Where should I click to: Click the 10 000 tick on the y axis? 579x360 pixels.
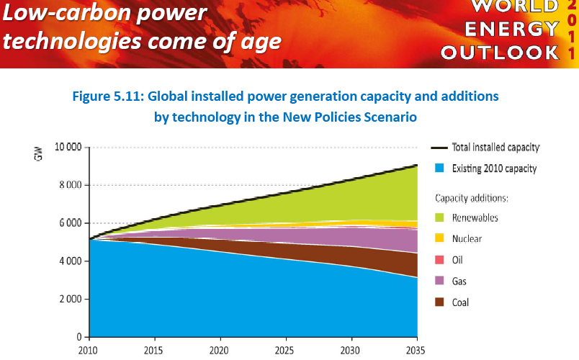coord(67,148)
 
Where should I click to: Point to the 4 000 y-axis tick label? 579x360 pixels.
coord(68,261)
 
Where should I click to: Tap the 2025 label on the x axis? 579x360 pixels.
coord(285,351)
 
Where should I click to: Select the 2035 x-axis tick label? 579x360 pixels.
coord(416,351)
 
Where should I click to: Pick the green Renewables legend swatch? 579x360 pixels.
coord(439,217)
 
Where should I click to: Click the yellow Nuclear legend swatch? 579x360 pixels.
coord(439,238)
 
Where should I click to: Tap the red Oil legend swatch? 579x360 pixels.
coord(439,260)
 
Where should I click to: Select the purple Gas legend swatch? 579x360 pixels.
coord(439,281)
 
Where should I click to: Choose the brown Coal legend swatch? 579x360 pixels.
coord(439,302)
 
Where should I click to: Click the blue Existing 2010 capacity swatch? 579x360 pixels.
coord(439,168)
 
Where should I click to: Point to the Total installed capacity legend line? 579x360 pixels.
coord(439,148)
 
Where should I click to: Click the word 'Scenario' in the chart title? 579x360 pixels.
coord(388,116)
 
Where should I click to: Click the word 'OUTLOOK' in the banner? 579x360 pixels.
coord(500,53)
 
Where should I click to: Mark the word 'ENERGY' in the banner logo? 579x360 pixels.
coord(511,30)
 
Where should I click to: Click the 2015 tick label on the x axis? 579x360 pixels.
coord(154,351)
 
